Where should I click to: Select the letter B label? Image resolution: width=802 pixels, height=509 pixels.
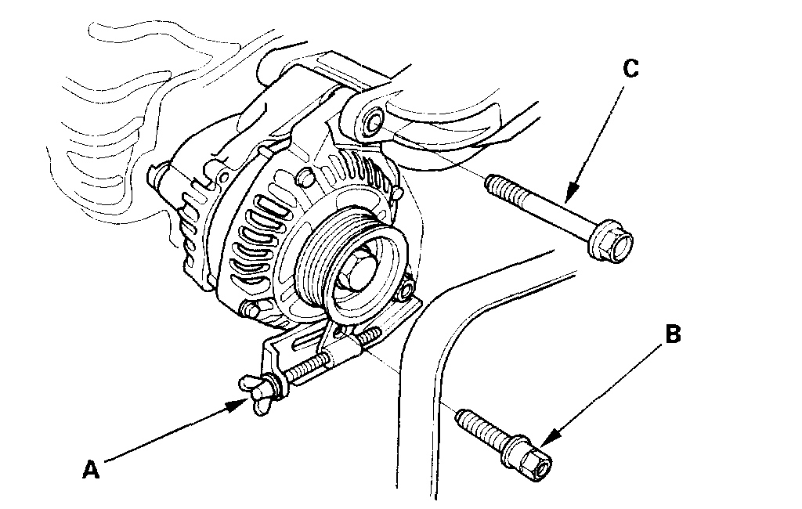(673, 334)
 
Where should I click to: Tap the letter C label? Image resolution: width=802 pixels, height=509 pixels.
(631, 69)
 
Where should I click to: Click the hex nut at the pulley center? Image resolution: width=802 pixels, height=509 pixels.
(358, 267)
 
